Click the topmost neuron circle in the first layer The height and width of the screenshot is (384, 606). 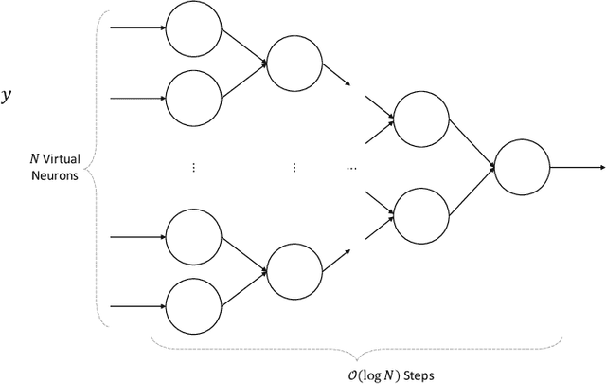(x=193, y=27)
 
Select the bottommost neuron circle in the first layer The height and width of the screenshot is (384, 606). (x=193, y=306)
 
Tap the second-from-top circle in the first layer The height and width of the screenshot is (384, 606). (x=193, y=97)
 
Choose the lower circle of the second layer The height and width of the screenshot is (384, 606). (x=294, y=270)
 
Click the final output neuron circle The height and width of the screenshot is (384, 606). (x=522, y=167)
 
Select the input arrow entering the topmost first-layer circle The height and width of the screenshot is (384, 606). (x=137, y=27)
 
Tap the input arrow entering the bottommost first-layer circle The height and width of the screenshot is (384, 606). (x=137, y=306)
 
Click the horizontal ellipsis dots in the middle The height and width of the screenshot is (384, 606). (x=351, y=167)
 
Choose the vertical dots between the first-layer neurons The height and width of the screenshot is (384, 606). (x=193, y=167)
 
